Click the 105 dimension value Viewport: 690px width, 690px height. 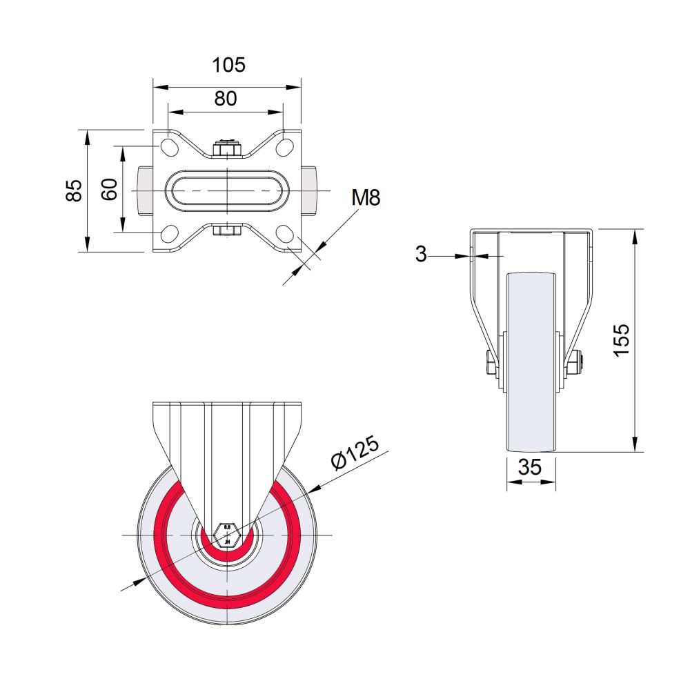click(228, 65)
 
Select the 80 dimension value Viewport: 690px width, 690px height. click(226, 99)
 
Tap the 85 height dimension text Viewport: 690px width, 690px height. click(75, 190)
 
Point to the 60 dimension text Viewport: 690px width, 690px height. click(109, 189)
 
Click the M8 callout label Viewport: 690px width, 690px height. click(366, 199)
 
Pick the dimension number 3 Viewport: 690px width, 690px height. click(422, 255)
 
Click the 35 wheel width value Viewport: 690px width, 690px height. click(529, 467)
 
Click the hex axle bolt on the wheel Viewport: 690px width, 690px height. click(227, 535)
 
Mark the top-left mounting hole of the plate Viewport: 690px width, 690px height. click(168, 147)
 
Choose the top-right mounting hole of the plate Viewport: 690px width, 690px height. click(285, 147)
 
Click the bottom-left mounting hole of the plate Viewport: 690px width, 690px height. click(168, 233)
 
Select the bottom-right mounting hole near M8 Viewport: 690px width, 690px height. click(285, 233)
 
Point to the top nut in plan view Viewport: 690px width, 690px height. click(227, 148)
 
